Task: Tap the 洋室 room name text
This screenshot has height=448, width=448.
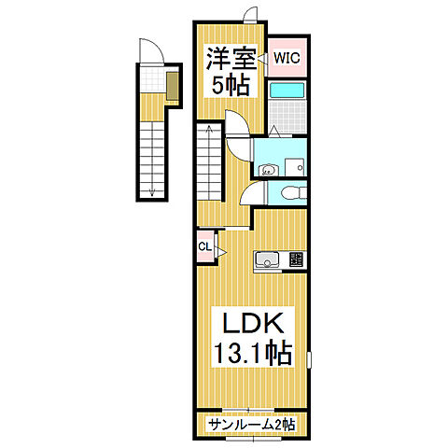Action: [x=228, y=59]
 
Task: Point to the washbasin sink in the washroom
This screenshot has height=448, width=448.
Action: [x=269, y=169]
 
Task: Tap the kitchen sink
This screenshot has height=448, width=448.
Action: [x=268, y=259]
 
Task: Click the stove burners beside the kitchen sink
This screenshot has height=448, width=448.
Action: [x=296, y=259]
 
